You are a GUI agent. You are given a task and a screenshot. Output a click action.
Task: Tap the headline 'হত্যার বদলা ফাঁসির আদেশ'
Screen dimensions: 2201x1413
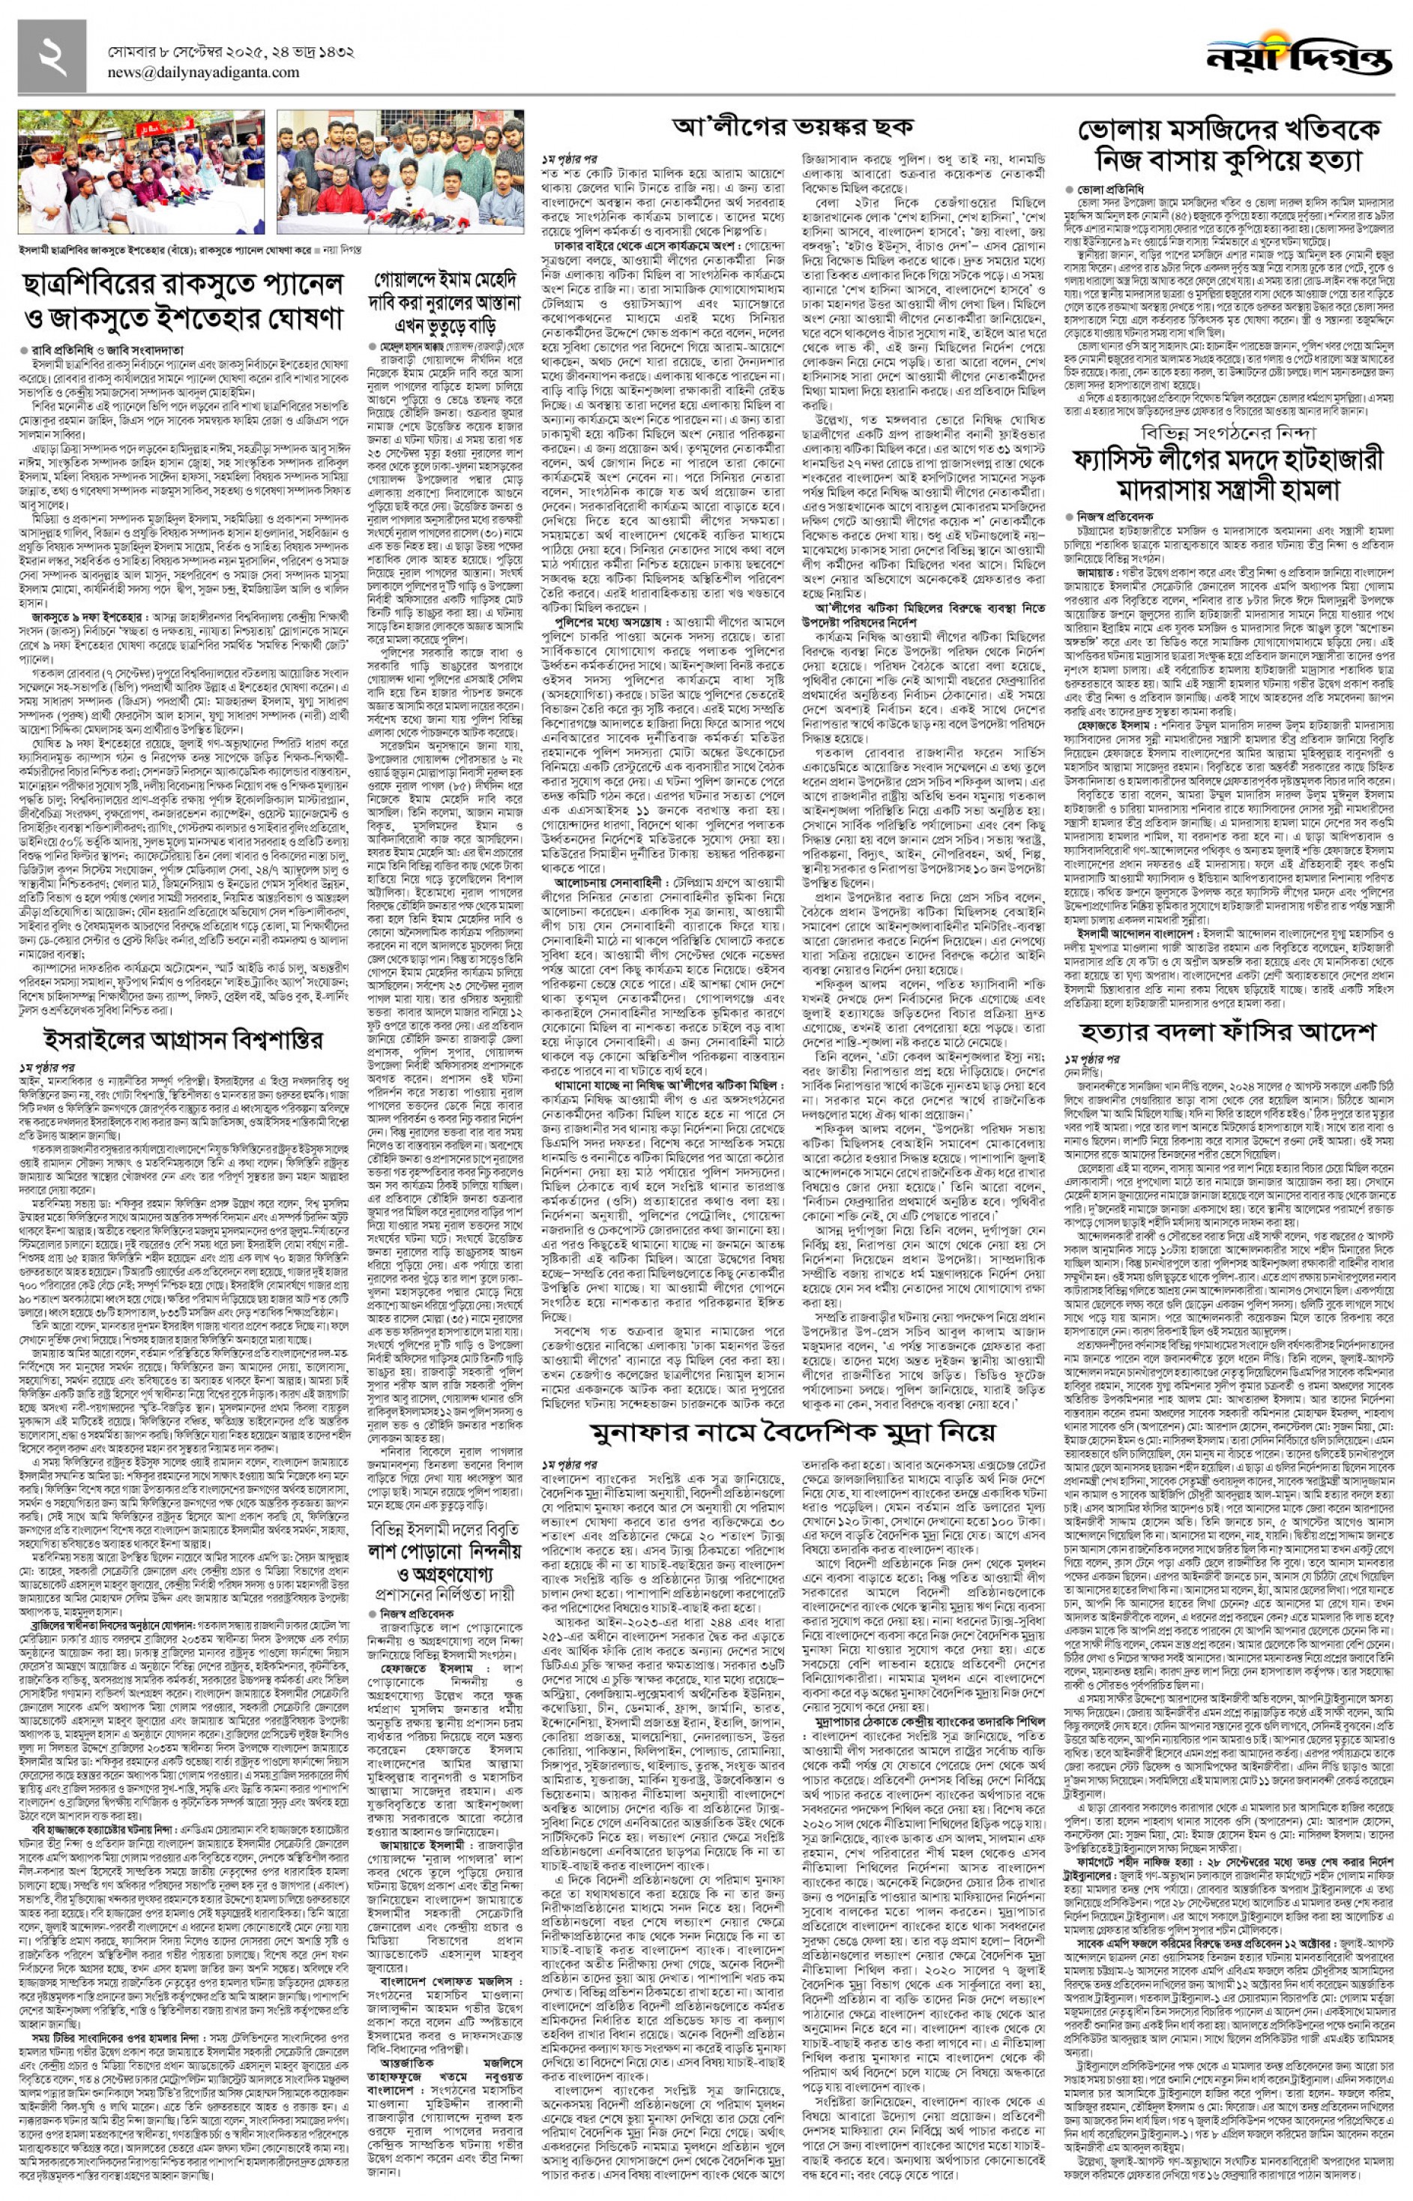click(1227, 1032)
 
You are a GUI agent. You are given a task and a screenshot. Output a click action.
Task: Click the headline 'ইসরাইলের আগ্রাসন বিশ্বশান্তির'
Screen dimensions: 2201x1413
click(184, 1040)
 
